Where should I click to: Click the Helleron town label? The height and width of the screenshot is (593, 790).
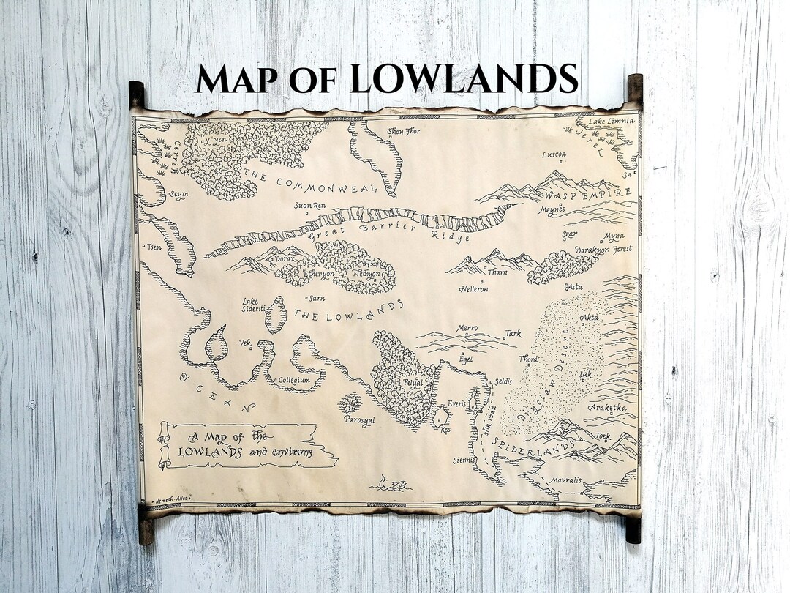click(474, 289)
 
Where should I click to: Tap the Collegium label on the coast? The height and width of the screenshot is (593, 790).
click(295, 381)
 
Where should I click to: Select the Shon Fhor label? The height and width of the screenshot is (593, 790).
click(405, 132)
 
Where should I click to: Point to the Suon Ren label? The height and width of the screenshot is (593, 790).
click(309, 206)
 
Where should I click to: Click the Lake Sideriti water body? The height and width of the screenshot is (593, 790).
click(276, 314)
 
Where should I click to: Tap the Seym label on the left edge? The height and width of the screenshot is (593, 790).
click(178, 194)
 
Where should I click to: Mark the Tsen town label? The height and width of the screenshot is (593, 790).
click(154, 247)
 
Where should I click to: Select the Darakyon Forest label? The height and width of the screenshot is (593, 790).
click(603, 250)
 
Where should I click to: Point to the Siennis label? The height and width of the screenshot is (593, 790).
click(463, 460)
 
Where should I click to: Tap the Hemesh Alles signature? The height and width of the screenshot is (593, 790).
click(169, 499)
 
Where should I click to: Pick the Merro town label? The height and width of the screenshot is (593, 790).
click(467, 329)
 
